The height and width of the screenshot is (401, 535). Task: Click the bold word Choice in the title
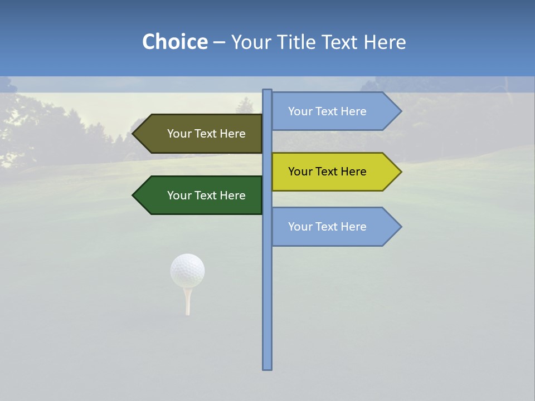[x=174, y=42]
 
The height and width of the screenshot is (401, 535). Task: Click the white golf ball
[x=187, y=270]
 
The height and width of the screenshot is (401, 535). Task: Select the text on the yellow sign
[x=327, y=172]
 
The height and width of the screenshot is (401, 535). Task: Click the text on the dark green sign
[x=206, y=195]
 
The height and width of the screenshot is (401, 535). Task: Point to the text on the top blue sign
[x=327, y=111]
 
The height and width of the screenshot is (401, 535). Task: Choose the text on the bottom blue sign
[x=327, y=227]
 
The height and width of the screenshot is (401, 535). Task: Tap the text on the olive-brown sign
[x=206, y=134]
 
